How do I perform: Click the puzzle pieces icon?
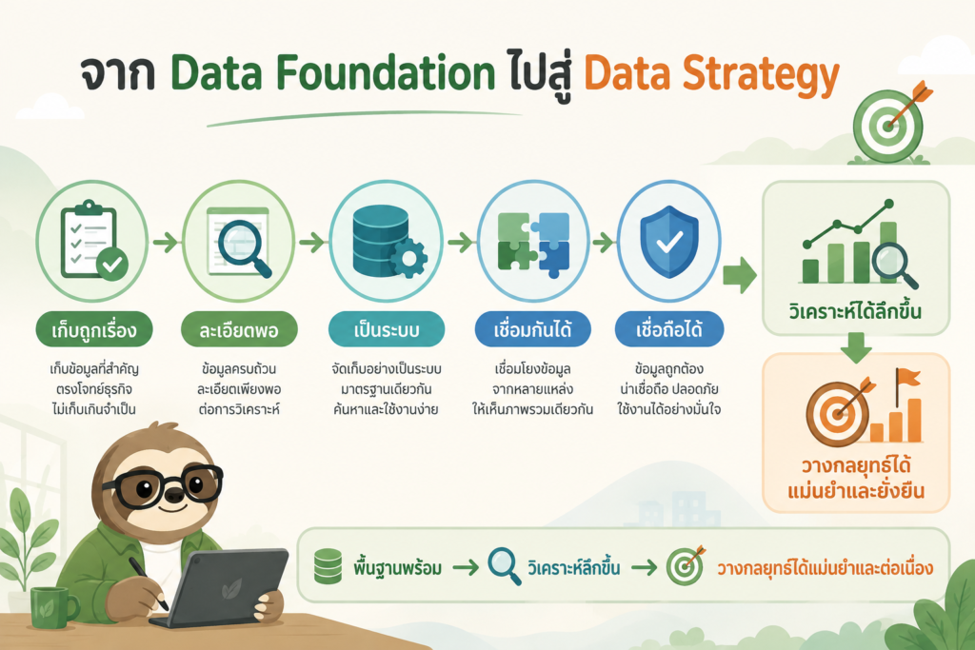[x=533, y=243]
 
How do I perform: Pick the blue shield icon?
[x=669, y=241]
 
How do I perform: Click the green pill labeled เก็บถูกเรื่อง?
[x=94, y=329]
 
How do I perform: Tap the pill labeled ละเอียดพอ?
[x=239, y=329]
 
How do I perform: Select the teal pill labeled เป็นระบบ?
[x=387, y=329]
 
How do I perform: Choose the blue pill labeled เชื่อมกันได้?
[x=533, y=329]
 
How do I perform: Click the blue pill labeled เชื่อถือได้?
[x=669, y=329]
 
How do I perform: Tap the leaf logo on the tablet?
[x=231, y=588]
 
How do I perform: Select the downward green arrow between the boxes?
[x=856, y=347]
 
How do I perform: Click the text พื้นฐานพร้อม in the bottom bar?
[x=398, y=567]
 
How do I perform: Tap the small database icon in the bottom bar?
[x=328, y=566]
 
